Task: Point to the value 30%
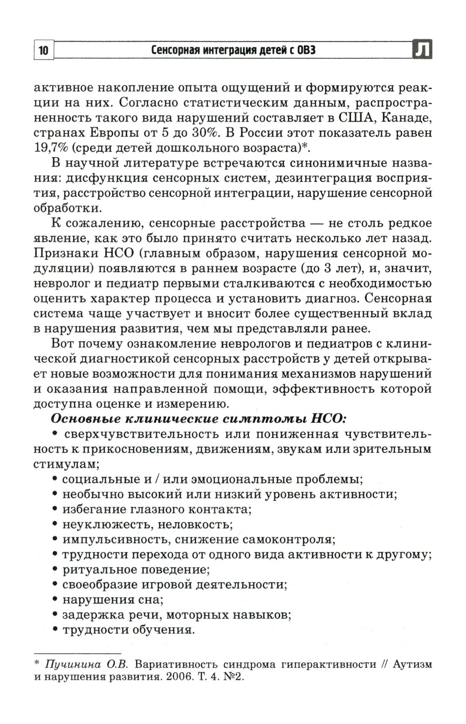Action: point(206,133)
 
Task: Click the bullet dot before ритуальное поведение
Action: point(55,569)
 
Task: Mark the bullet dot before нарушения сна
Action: point(55,599)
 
